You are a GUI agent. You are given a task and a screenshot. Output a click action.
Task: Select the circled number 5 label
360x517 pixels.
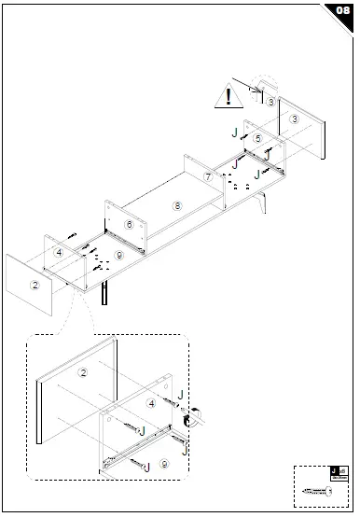[257, 138]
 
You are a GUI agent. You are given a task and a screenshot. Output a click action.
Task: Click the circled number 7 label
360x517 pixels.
[207, 176]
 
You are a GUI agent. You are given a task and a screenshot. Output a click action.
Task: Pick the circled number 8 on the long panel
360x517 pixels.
[175, 203]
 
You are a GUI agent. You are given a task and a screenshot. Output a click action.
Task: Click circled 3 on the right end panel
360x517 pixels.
[294, 119]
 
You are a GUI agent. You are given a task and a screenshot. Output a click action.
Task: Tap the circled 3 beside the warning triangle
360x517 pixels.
[270, 101]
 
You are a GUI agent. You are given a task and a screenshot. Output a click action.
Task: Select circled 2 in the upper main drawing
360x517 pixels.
[35, 285]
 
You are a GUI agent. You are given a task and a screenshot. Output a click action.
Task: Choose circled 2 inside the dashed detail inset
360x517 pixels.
[82, 373]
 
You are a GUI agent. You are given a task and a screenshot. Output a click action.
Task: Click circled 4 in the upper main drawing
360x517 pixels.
[59, 252]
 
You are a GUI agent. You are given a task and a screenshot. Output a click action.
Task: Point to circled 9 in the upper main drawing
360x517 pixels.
[118, 255]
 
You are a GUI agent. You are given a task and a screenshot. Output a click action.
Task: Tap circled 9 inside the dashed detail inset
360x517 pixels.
[164, 463]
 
